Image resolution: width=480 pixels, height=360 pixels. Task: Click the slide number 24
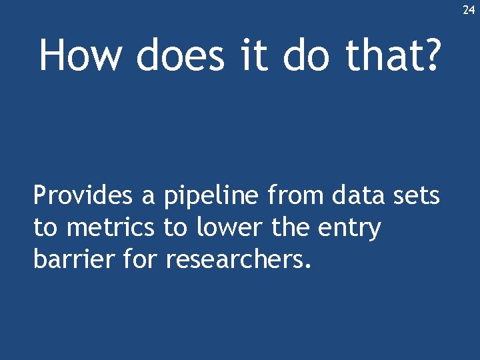click(x=469, y=10)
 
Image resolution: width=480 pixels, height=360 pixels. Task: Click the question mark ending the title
click(x=431, y=55)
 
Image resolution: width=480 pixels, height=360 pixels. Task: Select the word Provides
click(x=81, y=196)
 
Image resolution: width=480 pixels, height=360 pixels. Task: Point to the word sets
click(x=418, y=197)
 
